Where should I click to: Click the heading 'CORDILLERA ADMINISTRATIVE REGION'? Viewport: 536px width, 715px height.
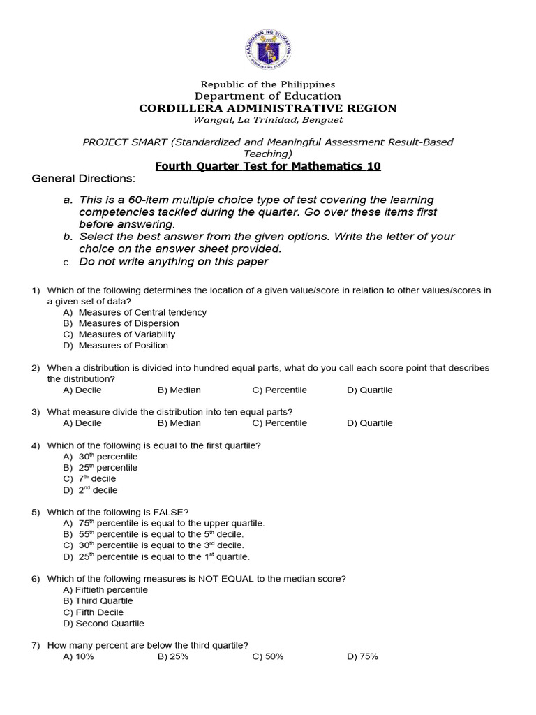(x=268, y=108)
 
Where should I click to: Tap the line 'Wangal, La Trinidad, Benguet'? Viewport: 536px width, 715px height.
(x=268, y=120)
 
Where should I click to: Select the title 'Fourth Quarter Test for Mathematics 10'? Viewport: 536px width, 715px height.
(x=268, y=166)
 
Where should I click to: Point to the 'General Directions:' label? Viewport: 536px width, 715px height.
(x=83, y=179)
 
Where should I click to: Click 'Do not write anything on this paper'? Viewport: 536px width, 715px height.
(x=173, y=262)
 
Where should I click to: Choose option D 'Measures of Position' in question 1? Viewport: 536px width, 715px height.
(x=123, y=345)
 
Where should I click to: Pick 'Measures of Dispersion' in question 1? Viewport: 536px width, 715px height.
(x=128, y=323)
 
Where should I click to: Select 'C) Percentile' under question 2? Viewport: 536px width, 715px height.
(x=279, y=390)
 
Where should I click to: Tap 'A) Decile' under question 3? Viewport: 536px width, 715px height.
(x=82, y=422)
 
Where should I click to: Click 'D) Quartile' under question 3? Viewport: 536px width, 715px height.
(x=369, y=422)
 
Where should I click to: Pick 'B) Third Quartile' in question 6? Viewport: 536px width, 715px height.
(x=98, y=600)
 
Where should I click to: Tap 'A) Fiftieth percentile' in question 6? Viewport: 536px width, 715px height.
(x=105, y=589)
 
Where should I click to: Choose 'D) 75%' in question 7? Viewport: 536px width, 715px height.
(x=362, y=656)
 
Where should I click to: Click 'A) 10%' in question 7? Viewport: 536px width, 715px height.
(x=78, y=656)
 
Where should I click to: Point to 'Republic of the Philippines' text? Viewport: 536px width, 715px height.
(x=268, y=84)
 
